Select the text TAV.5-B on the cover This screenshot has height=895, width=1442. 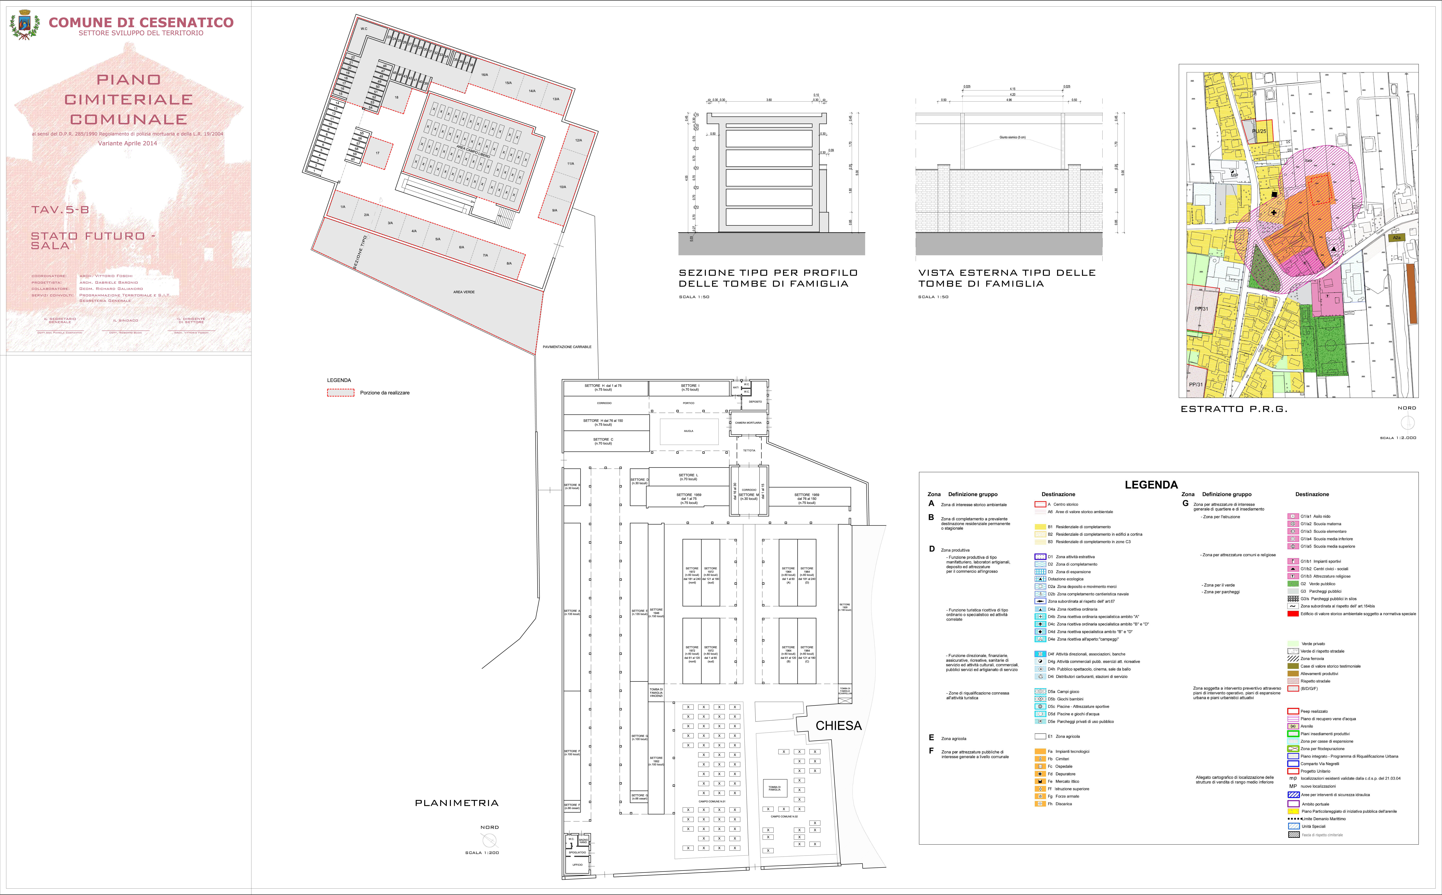click(60, 210)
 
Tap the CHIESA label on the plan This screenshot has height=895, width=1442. click(839, 726)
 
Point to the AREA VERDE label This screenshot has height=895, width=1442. click(464, 292)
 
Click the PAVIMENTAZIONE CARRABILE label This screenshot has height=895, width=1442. click(567, 347)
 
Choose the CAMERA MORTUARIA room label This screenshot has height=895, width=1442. click(748, 423)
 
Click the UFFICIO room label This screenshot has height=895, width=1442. click(577, 865)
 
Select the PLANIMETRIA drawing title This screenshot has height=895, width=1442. click(457, 803)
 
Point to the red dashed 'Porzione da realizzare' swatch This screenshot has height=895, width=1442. click(341, 392)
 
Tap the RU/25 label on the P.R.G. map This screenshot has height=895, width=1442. click(1259, 131)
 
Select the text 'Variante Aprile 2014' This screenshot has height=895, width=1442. click(127, 143)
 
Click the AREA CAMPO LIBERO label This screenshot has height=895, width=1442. click(473, 151)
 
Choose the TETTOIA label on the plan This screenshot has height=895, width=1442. click(749, 450)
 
